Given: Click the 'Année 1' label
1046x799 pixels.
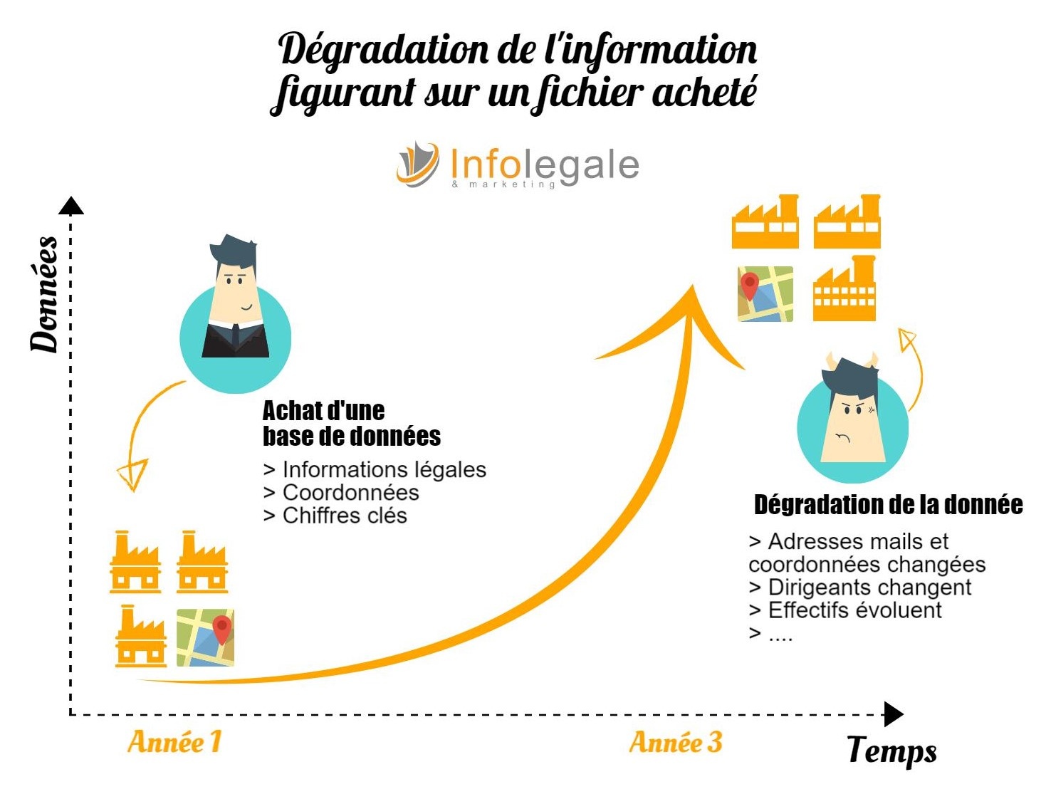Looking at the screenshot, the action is tap(174, 741).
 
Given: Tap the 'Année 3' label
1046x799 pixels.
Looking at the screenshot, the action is tap(675, 741).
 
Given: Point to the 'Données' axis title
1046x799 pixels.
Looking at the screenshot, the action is tap(44, 294).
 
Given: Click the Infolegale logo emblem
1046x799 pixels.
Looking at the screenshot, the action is tap(418, 164).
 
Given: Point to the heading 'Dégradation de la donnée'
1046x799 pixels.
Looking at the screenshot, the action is tap(888, 505).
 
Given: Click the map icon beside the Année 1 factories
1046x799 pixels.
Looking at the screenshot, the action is tap(205, 637).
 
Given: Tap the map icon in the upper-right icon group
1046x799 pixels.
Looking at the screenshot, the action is tap(765, 294).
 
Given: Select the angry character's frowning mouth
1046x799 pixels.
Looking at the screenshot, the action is tap(842, 437).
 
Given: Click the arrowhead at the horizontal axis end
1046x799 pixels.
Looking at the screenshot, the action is tap(894, 714).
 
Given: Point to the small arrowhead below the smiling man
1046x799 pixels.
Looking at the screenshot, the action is tap(133, 474).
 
